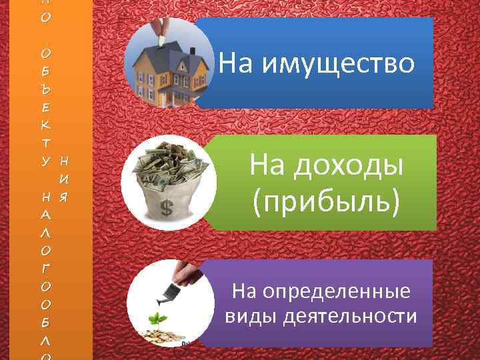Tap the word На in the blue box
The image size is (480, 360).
[235, 63]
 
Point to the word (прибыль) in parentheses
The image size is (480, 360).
[327, 201]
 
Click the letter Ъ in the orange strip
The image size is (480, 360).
[45, 88]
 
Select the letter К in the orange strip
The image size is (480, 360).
[45, 124]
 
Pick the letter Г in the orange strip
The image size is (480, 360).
[45, 267]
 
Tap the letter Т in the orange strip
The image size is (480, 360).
[45, 142]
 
